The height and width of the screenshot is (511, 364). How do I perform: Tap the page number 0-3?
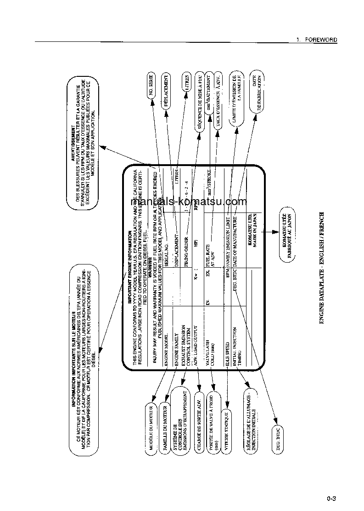click(332, 498)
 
